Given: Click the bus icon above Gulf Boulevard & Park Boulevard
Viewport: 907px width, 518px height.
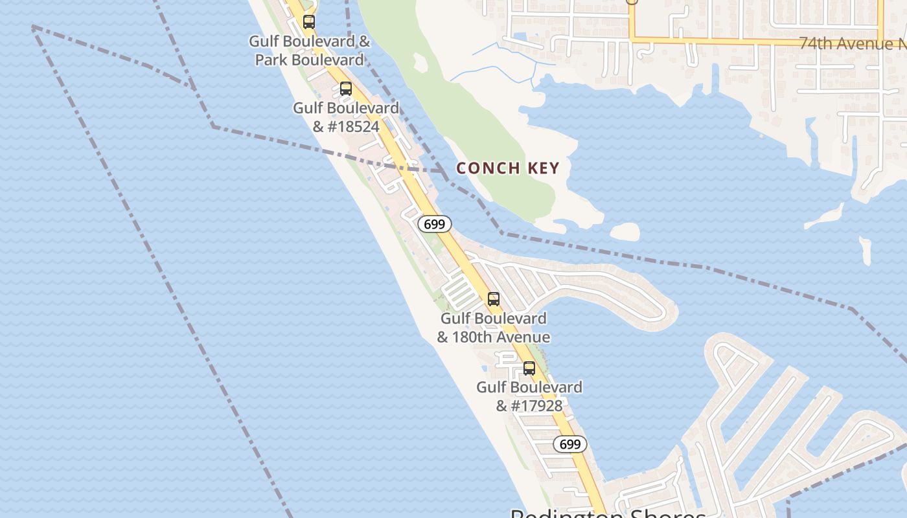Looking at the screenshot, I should point(309,22).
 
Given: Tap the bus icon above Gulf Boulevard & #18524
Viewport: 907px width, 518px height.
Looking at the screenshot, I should point(346,89).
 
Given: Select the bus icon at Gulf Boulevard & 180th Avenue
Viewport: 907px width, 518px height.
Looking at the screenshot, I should point(494,299).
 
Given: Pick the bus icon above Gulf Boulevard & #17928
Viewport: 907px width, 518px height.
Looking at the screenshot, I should point(529,368).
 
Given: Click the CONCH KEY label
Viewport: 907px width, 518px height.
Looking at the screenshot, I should point(507,168).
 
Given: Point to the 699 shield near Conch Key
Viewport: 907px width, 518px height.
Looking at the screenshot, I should point(434,224).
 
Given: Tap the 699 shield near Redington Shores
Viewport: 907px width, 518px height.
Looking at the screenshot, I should point(570,444).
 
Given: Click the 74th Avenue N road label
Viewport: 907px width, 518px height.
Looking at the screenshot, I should point(852,43).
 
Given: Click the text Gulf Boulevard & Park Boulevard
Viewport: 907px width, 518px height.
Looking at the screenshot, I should point(310,51).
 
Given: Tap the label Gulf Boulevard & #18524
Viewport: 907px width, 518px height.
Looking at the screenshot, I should point(346,117).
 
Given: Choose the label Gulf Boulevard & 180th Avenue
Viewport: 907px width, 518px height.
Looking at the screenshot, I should point(494,328).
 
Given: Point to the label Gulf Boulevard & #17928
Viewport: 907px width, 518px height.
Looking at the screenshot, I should point(529,396).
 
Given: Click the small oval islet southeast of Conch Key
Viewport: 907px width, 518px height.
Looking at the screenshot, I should point(625,232).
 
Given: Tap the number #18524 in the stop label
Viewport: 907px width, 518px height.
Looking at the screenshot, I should point(353,126).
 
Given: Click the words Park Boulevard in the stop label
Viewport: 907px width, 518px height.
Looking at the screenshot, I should point(310,60).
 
